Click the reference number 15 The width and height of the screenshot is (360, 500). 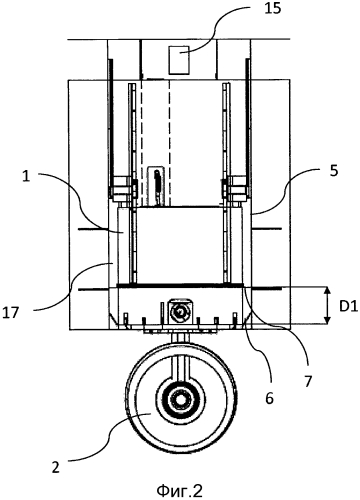click(272, 9)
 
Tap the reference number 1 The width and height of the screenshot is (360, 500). click(26, 176)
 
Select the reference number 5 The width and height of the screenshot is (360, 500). click(334, 171)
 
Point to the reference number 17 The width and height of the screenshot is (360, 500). click(10, 313)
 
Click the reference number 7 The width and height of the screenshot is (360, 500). click(308, 381)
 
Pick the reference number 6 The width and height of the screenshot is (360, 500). click(269, 398)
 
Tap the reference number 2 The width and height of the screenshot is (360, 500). click(55, 467)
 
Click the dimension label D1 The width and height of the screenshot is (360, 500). click(349, 307)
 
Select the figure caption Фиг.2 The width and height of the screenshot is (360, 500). click(179, 490)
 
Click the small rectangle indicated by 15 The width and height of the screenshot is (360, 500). click(179, 60)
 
